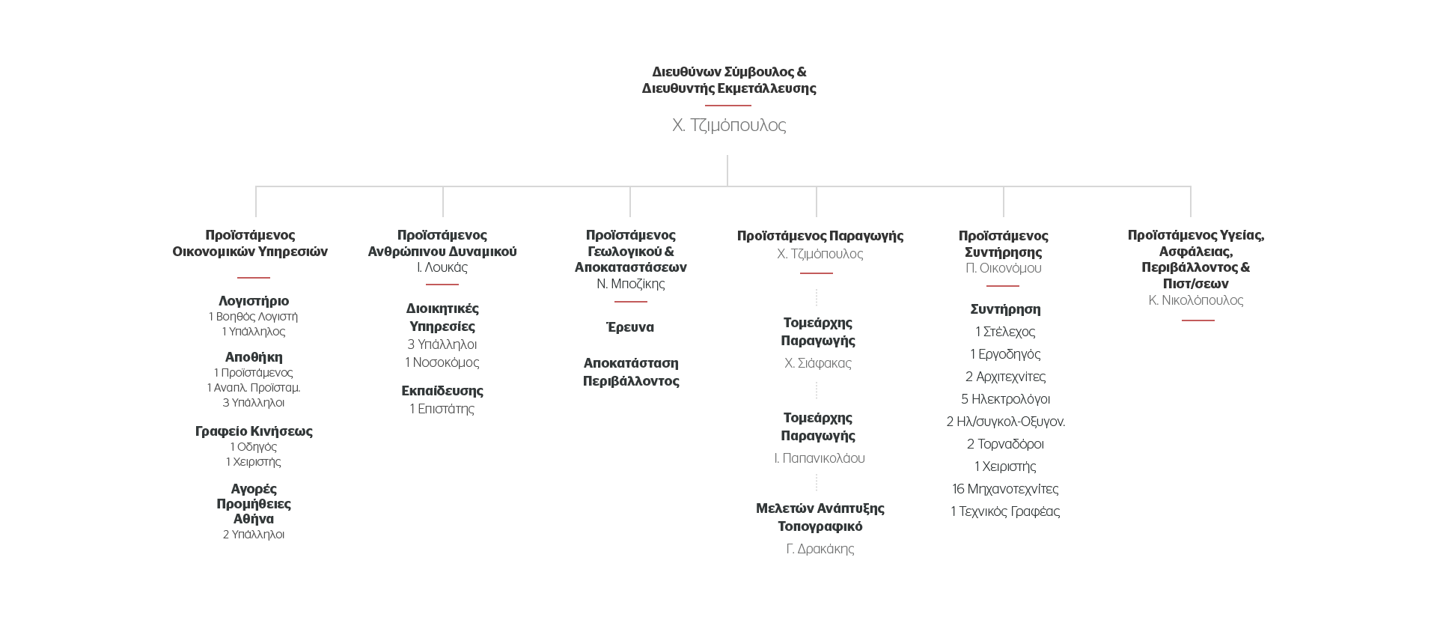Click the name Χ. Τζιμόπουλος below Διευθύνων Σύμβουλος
(x=729, y=125)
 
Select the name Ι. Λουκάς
(x=442, y=267)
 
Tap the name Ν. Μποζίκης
(x=631, y=284)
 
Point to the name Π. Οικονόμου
(x=1004, y=268)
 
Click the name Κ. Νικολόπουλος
(x=1196, y=300)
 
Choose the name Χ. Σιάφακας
(x=818, y=363)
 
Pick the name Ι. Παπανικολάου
(x=820, y=458)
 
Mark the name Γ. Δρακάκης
(x=820, y=549)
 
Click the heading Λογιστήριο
(x=254, y=301)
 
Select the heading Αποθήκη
(x=254, y=357)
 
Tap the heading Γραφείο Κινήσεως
(x=254, y=431)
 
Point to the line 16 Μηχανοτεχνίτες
(x=1005, y=489)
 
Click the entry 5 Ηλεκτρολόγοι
(x=1005, y=399)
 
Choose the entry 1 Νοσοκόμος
(x=442, y=362)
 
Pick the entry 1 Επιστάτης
(x=442, y=409)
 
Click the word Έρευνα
(x=630, y=327)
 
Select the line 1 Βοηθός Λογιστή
(x=254, y=317)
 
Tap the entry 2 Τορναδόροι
(x=1005, y=444)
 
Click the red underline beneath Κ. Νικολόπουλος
(x=1197, y=320)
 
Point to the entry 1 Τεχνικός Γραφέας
(x=1005, y=511)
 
